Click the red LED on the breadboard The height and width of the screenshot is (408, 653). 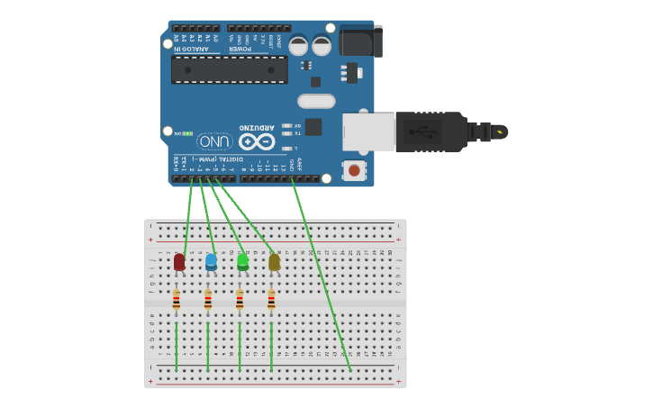[179, 262]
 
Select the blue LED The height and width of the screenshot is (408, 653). [211, 262]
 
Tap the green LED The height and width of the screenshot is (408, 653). [242, 262]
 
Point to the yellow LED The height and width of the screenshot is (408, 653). [274, 262]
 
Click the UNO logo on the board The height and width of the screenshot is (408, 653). [214, 141]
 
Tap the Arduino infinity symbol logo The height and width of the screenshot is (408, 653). [256, 141]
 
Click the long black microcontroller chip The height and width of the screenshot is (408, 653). [230, 69]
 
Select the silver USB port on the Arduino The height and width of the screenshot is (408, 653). [368, 131]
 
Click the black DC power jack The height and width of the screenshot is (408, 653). [360, 41]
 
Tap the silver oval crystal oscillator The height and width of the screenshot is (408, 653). [316, 101]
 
